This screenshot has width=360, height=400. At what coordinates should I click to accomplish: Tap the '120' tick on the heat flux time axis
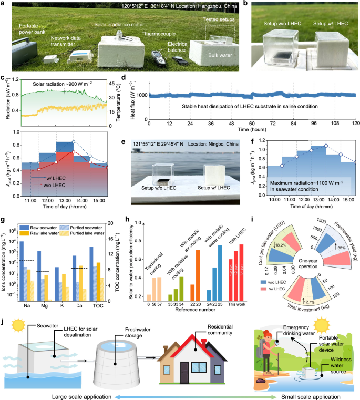click(355, 123)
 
